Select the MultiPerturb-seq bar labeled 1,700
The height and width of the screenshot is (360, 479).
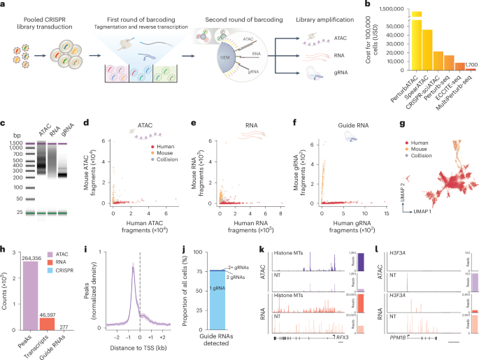pos(472,70)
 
